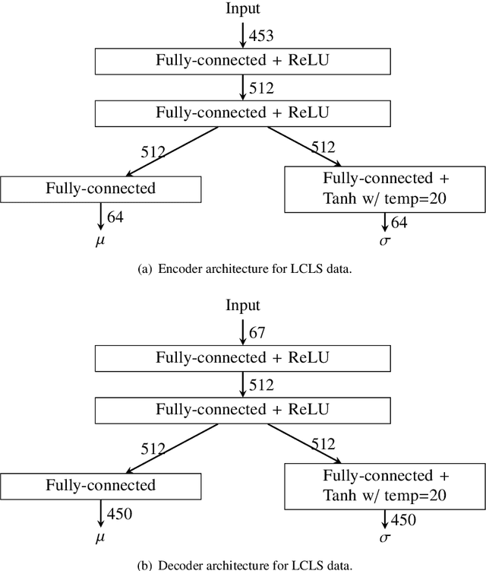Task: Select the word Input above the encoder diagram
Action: [242, 8]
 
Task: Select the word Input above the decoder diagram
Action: [242, 306]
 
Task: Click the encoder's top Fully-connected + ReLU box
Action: [242, 60]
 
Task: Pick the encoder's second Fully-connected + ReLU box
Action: [242, 112]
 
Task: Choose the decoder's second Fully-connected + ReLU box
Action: [242, 410]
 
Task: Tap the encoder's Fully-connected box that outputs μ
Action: [100, 187]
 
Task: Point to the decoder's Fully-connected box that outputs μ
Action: [100, 485]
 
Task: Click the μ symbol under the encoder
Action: [100, 244]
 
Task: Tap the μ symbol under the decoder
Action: [100, 541]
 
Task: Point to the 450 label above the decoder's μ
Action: [119, 514]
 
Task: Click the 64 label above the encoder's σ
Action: [399, 222]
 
